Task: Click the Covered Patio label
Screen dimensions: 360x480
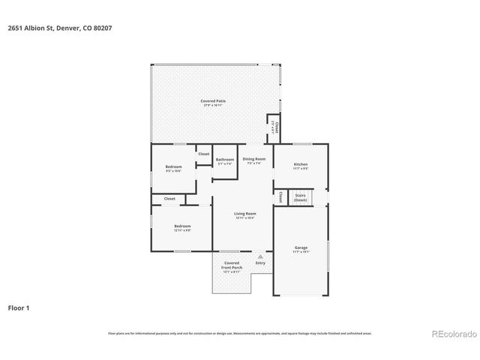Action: pyautogui.click(x=213, y=100)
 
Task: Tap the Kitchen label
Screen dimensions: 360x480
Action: pyautogui.click(x=301, y=164)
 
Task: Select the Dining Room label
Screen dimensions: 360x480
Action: pyautogui.click(x=253, y=159)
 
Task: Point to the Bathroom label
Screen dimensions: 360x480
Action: pyautogui.click(x=225, y=159)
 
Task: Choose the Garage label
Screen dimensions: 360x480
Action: pyautogui.click(x=301, y=247)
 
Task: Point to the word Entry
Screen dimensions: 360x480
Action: pyautogui.click(x=260, y=263)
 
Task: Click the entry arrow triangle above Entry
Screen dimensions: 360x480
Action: pyautogui.click(x=260, y=256)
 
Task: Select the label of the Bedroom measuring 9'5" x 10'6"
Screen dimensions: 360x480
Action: pyautogui.click(x=173, y=167)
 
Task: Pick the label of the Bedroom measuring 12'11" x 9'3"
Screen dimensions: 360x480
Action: pyautogui.click(x=183, y=226)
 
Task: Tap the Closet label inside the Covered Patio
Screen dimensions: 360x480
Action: pyautogui.click(x=276, y=126)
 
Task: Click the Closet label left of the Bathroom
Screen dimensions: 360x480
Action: pyautogui.click(x=204, y=154)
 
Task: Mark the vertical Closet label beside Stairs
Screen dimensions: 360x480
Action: pyautogui.click(x=280, y=197)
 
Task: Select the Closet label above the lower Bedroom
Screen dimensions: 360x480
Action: pyautogui.click(x=169, y=199)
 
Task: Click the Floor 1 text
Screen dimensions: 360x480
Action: pyautogui.click(x=19, y=307)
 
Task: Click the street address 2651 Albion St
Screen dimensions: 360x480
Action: pyautogui.click(x=29, y=28)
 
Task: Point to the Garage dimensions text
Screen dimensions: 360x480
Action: pyautogui.click(x=301, y=252)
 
